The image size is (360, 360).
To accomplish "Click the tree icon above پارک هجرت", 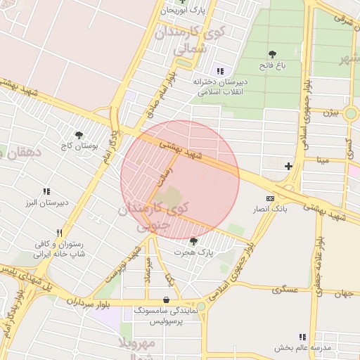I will coord(193,241).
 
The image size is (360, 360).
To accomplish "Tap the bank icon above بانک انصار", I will coord(270,199).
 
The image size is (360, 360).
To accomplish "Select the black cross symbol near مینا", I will coord(288,166).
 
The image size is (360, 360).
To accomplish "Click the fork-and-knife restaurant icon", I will coord(60,233).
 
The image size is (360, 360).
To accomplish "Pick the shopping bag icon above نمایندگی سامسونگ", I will coord(166,299).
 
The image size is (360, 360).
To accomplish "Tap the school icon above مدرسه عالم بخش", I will coord(302,337).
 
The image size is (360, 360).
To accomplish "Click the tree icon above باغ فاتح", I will coord(272,54).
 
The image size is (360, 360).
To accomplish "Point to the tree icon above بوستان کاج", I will coord(79,135).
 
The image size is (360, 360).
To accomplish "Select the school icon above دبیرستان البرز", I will coord(46,191).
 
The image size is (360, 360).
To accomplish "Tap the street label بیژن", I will coord(331,112).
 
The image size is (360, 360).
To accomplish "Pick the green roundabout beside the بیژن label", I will coord(351,113).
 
